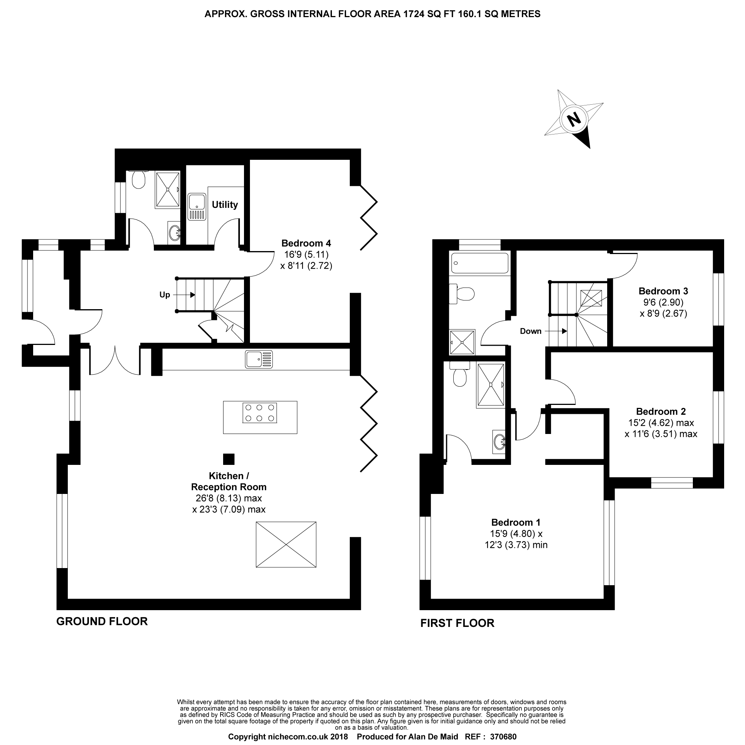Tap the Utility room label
coord(225,205)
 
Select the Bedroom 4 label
coord(306,243)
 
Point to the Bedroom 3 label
coord(663,291)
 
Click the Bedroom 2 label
coord(661,412)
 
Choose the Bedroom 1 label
coord(516,523)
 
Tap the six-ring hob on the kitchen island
coord(260,413)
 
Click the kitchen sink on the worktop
coord(259,359)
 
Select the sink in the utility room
coord(197,207)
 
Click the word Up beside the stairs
coord(165,295)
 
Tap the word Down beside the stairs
coord(530,331)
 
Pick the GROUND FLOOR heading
coord(102,621)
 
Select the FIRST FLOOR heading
coord(457,623)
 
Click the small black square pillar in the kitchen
coord(229,459)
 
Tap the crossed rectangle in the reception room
coord(286,545)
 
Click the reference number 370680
coord(503,737)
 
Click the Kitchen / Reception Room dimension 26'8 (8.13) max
coord(229,498)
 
